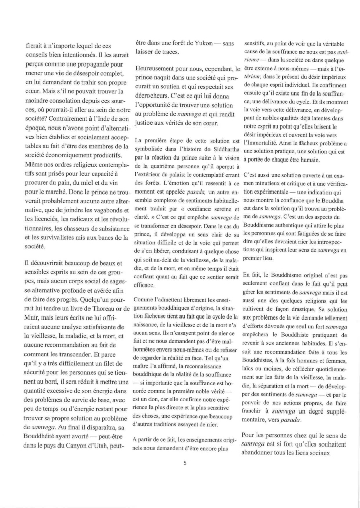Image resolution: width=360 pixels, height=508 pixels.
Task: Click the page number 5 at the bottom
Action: point(185,463)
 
